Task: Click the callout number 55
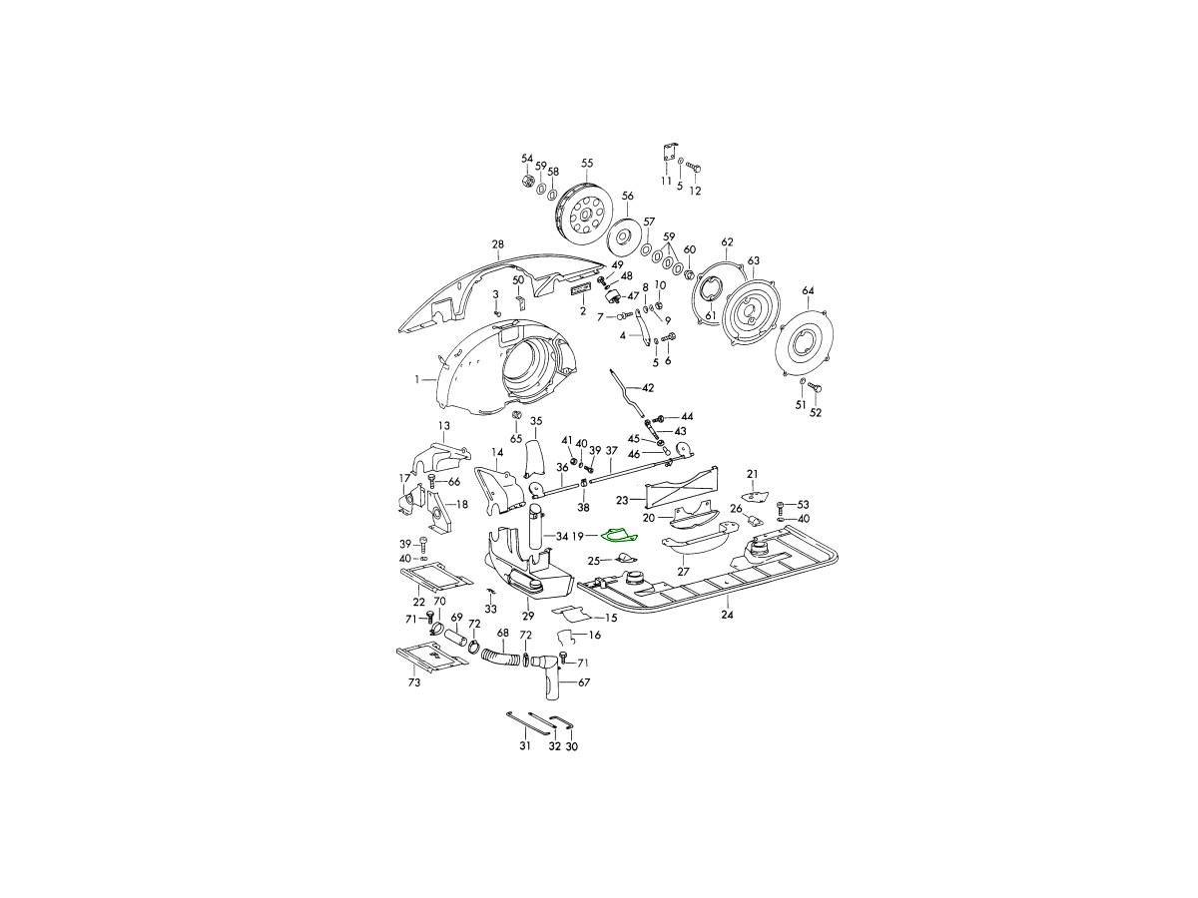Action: tap(587, 163)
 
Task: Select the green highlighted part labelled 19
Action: tap(618, 537)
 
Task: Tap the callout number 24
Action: tap(728, 616)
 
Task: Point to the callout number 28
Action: tap(498, 244)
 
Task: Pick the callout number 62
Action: tap(728, 242)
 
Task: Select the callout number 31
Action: tap(525, 745)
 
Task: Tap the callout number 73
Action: tap(413, 683)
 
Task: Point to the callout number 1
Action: tap(418, 379)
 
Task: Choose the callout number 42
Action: tap(648, 387)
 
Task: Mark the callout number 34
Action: tap(562, 537)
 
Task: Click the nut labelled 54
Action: tap(527, 182)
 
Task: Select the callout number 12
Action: tap(696, 191)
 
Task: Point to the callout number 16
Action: tap(595, 635)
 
